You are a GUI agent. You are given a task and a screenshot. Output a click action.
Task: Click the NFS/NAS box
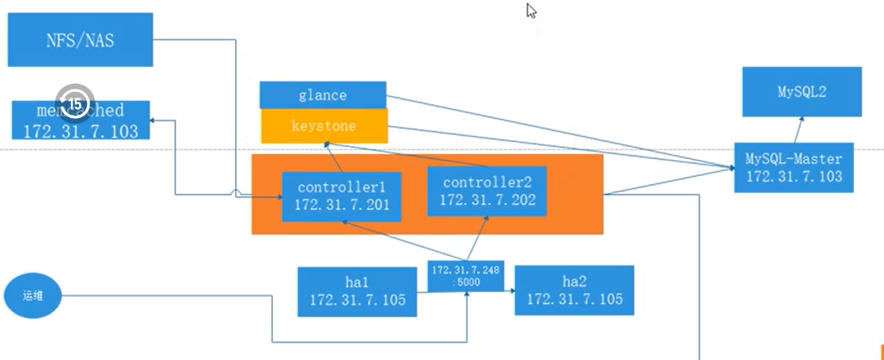point(80,40)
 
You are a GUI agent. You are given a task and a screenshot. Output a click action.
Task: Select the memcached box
point(81,120)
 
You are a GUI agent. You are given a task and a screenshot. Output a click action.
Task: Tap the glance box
point(323,95)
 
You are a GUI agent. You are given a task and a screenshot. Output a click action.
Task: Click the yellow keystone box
point(324,127)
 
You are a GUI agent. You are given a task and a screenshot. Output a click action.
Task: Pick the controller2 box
point(486,190)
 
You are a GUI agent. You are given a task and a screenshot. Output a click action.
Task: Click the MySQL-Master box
point(793,167)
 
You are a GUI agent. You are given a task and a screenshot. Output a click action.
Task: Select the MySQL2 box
point(802,93)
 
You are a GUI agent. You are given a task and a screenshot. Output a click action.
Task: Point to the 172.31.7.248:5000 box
point(467,277)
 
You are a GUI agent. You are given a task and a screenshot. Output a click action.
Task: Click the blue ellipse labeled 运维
point(31,296)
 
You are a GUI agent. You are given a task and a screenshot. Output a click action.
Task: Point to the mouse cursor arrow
point(531,10)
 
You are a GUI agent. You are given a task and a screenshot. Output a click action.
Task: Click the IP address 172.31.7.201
point(342,206)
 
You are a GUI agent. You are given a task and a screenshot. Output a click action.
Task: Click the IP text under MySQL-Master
point(793,176)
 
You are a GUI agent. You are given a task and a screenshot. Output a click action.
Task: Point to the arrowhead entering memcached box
point(155,120)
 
